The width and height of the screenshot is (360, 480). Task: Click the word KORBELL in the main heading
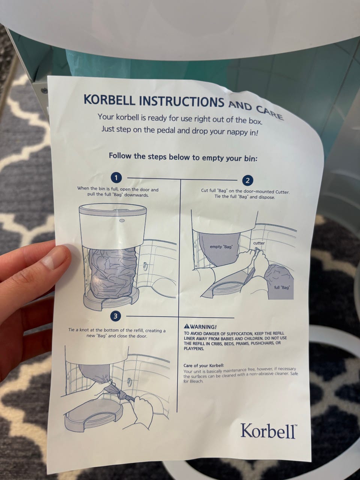(109, 100)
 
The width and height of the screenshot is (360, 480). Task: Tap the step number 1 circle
(116, 178)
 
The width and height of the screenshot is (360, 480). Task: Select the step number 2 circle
(247, 181)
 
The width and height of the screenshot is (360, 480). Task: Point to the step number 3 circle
(115, 316)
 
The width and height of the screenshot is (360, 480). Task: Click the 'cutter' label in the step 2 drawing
(259, 243)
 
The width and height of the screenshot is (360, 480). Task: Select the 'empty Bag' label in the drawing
(221, 247)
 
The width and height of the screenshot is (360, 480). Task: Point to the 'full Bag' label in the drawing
(282, 287)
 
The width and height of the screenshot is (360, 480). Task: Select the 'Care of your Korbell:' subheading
(204, 365)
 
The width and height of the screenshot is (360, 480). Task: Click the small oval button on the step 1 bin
(122, 220)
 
